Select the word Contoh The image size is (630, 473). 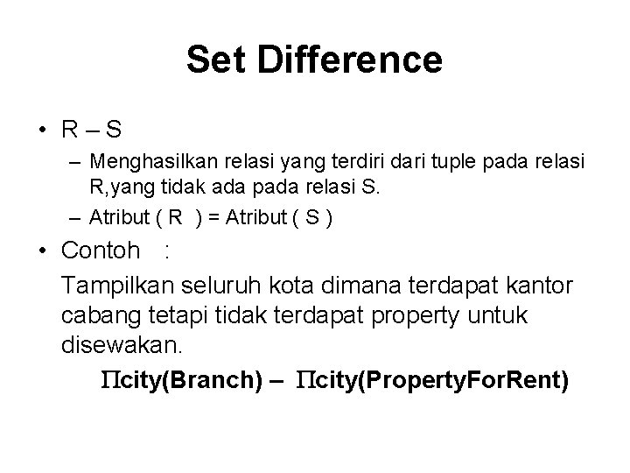101,251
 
